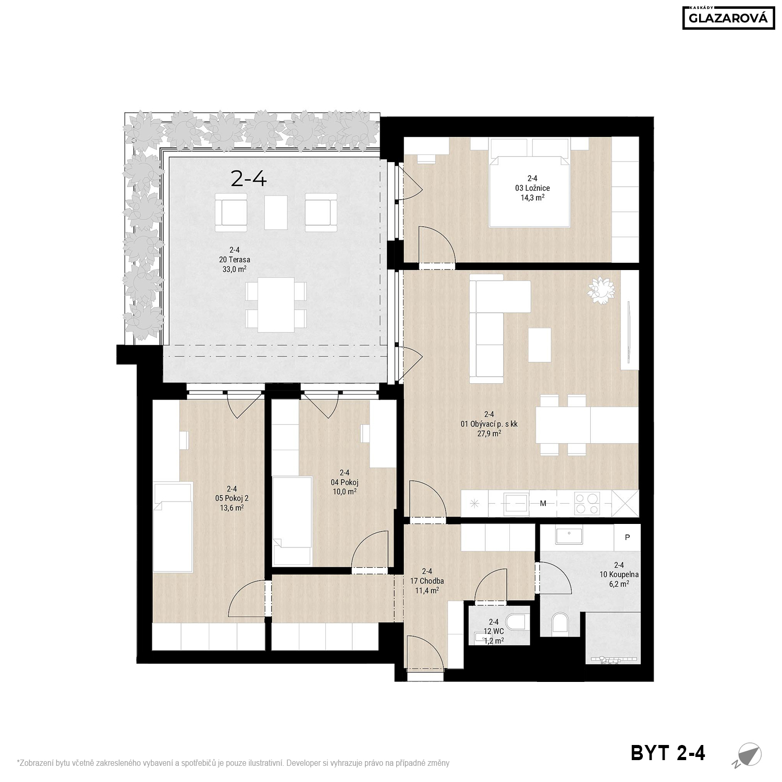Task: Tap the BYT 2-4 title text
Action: click(668, 753)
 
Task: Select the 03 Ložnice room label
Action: click(532, 188)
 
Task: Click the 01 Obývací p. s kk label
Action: click(489, 424)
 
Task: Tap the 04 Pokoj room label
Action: click(345, 482)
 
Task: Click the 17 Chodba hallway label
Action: click(426, 581)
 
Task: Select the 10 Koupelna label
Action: click(619, 575)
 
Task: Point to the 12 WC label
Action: click(494, 631)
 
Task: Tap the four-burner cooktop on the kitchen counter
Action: click(587, 504)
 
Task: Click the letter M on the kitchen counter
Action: click(543, 504)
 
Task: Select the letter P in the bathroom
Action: click(627, 537)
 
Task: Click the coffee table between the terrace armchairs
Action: click(276, 212)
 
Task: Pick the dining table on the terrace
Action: click(276, 305)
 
